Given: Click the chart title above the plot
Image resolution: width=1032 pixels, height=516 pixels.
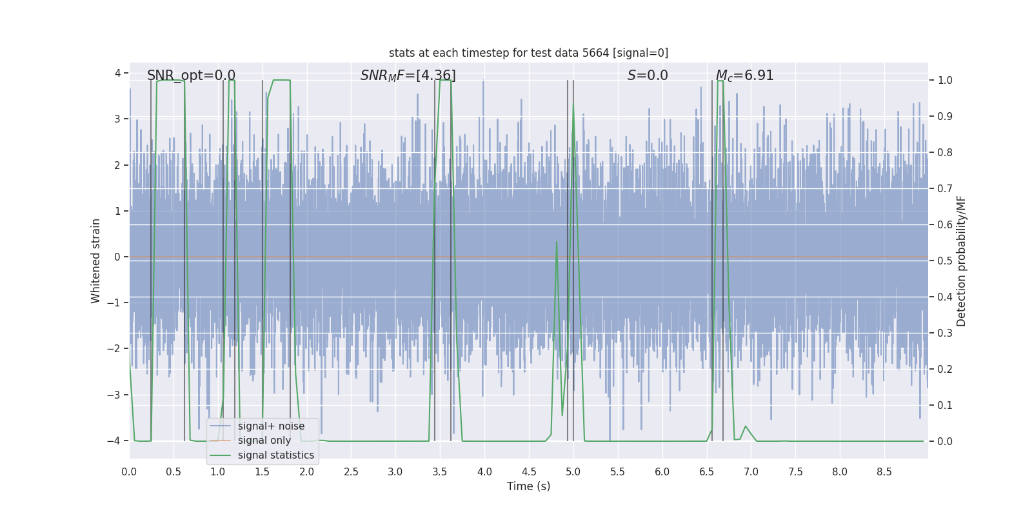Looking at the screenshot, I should [528, 53].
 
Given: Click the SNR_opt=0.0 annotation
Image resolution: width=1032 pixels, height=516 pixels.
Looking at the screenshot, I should [191, 75].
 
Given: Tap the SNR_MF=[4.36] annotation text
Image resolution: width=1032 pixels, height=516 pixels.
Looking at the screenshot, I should [408, 75].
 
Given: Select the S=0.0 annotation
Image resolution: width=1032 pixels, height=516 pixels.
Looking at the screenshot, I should [648, 75].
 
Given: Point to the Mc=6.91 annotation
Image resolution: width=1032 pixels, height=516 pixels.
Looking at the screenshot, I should [744, 75].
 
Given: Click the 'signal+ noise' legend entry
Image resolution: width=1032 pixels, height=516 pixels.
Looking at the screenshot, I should [271, 426].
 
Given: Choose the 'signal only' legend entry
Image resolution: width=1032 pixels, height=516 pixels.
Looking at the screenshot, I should [264, 441].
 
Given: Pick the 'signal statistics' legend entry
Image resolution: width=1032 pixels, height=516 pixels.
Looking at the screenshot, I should [275, 455].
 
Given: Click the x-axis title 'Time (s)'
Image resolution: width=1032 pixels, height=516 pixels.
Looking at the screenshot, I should [528, 486].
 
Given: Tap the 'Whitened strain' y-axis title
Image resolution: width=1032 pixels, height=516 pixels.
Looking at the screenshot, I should [96, 261].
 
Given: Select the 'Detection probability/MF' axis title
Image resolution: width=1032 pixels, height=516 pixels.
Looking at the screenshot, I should [961, 261].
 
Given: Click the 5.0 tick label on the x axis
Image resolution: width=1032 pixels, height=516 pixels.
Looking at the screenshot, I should [573, 472].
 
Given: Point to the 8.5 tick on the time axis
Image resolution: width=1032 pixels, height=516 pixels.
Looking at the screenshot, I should [884, 472].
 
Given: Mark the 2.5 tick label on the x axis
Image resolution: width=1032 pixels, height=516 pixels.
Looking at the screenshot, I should [351, 472].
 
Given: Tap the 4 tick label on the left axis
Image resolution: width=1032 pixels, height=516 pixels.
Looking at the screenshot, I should [117, 73].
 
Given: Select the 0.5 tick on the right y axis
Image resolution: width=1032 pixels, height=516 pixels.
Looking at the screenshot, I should [945, 261].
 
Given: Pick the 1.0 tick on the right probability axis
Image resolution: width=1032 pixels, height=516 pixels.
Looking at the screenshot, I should [945, 81].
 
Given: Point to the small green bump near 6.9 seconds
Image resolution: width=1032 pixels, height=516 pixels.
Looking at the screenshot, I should [746, 426].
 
